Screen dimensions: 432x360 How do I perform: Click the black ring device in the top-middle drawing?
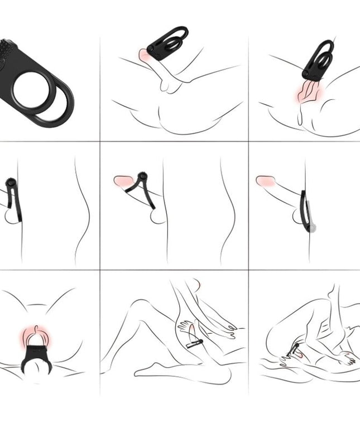tap(168, 44)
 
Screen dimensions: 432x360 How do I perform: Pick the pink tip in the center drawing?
tap(123, 181)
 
